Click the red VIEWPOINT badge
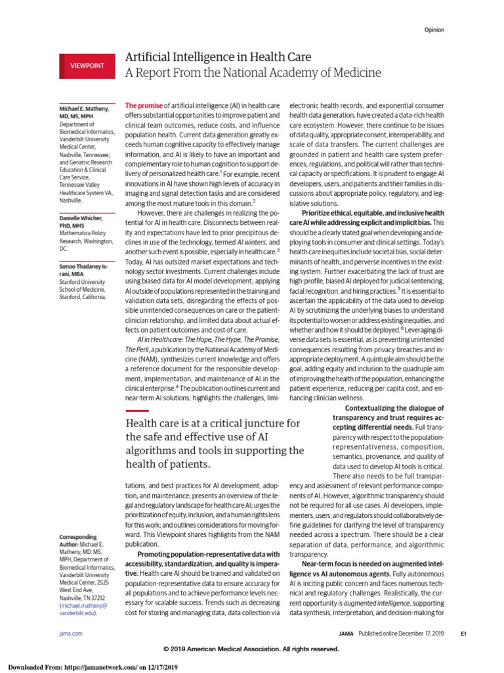tap(88, 66)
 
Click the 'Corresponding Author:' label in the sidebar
tap(72, 541)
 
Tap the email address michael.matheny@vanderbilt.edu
tap(78, 608)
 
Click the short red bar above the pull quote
tap(136, 411)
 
